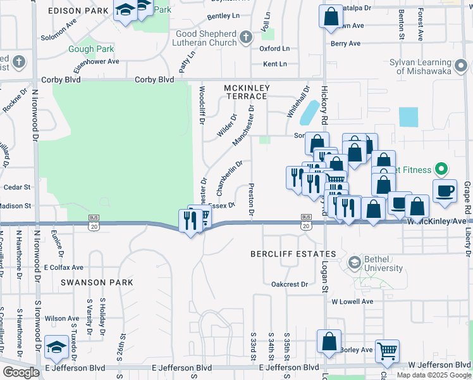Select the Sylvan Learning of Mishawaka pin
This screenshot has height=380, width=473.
462,65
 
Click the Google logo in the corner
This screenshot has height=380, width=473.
21,372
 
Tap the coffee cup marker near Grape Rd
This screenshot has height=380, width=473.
445,191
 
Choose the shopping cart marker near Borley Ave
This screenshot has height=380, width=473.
386,350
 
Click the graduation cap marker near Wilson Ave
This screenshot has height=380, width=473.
57,346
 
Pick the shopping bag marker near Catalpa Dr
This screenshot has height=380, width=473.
330,16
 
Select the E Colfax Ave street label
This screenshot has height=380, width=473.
64,267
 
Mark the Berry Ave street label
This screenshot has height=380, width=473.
345,44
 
